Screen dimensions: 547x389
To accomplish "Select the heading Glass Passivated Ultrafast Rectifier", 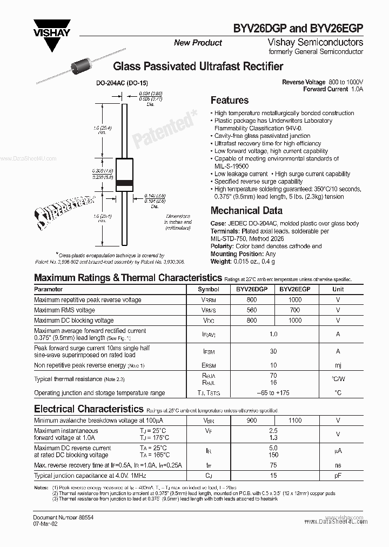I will point(198,66).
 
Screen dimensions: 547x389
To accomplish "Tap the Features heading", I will point(229,101).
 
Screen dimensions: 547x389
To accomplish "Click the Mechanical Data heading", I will point(246,211).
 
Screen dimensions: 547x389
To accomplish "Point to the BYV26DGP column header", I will point(252,289).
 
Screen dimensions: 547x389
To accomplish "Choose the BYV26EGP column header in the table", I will point(295,289).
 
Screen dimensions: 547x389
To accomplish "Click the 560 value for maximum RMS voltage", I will point(252,310).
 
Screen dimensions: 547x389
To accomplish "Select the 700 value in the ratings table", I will point(295,310).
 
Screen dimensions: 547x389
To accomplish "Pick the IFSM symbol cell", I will point(209,351).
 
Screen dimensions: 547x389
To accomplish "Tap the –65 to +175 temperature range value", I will point(273,393).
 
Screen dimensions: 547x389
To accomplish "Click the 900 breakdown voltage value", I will point(252,420).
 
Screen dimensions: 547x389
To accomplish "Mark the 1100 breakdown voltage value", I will point(295,420).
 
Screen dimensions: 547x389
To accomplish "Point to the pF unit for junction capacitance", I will point(338,476).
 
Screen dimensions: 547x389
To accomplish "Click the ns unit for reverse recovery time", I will point(338,465).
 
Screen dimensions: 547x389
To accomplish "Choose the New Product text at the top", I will point(198,43).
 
